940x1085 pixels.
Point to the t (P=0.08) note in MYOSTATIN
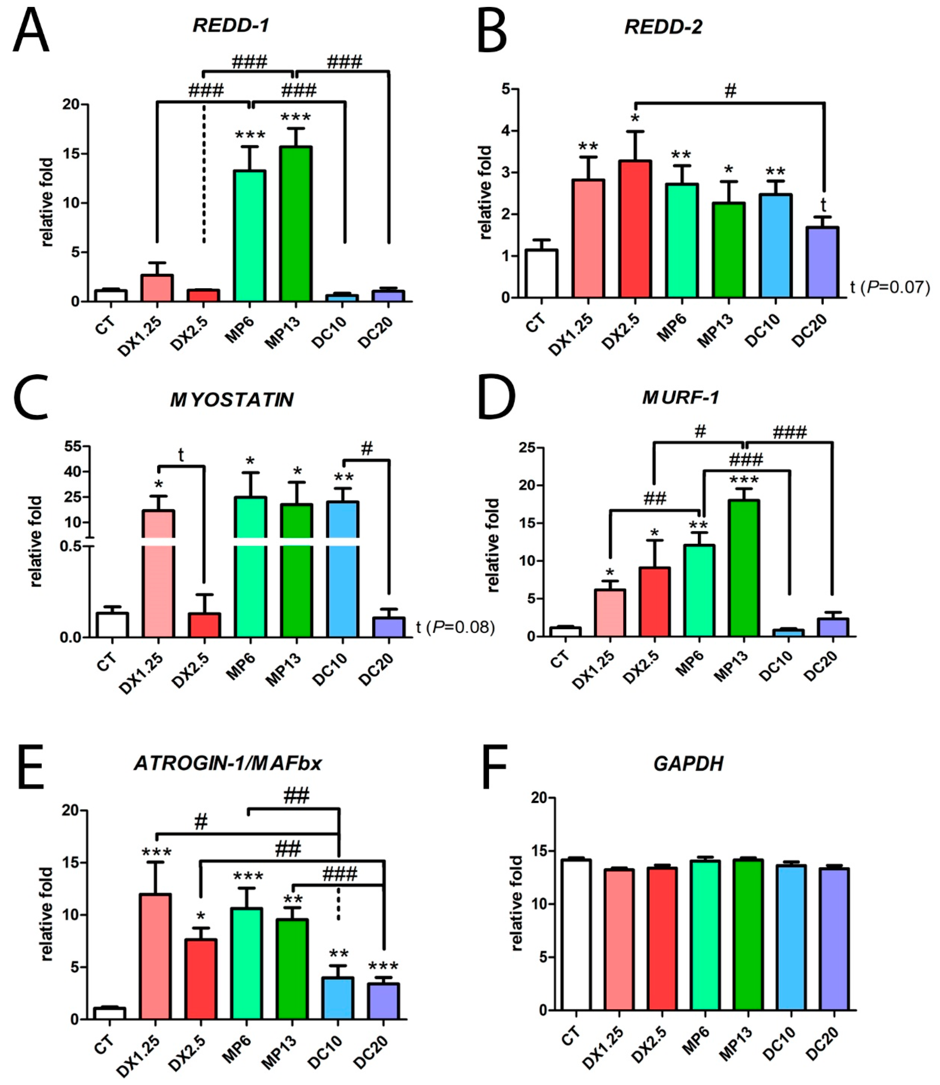pyautogui.click(x=455, y=627)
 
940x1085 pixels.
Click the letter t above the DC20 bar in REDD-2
pyautogui.click(x=823, y=204)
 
